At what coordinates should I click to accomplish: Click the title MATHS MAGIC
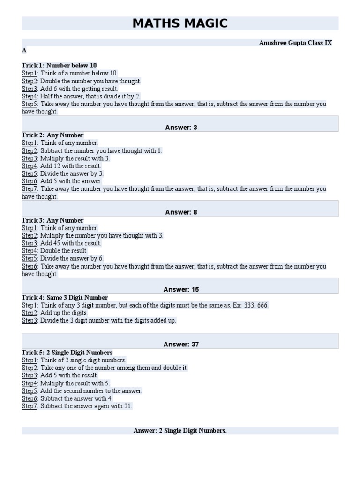[x=180, y=23]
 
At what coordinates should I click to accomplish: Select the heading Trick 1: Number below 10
[x=59, y=65]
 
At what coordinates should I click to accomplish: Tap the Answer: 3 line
[x=181, y=127]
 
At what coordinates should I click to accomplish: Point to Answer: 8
[x=181, y=212]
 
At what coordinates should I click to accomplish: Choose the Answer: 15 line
[x=181, y=289]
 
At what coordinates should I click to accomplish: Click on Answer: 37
[x=181, y=344]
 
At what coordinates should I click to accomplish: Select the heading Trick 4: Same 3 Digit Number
[x=65, y=298]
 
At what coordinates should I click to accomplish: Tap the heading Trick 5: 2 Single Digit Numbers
[x=67, y=352]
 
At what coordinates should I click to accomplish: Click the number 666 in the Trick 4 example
[x=262, y=305]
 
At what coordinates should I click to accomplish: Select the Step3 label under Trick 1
[x=29, y=89]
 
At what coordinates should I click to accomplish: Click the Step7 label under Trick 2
[x=29, y=189]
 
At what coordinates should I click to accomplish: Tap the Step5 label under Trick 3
[x=29, y=258]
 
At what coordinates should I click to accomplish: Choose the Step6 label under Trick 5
[x=29, y=398]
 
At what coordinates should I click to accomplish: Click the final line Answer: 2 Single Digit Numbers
[x=180, y=430]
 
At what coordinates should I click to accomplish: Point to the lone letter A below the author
[x=24, y=51]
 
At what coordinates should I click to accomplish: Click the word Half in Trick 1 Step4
[x=46, y=96]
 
